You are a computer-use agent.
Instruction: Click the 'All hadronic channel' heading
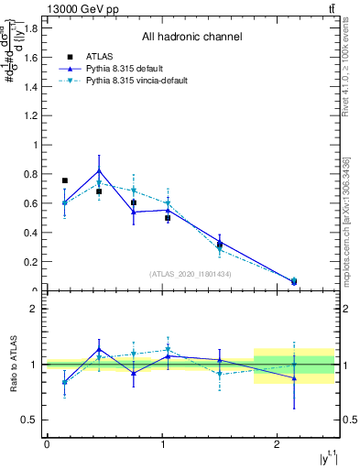tap(191, 38)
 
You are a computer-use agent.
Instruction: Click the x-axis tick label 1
tap(162, 444)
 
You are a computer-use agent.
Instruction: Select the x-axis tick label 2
tap(278, 444)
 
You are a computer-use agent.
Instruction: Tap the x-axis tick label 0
tap(47, 444)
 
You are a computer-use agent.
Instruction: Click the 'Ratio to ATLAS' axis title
tap(12, 364)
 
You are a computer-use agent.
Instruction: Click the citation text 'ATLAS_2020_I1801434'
tap(191, 274)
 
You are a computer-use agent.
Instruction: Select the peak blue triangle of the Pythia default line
tap(99, 171)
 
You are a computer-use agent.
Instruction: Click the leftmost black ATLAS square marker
tap(64, 180)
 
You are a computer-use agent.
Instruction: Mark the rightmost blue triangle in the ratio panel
tap(294, 377)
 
